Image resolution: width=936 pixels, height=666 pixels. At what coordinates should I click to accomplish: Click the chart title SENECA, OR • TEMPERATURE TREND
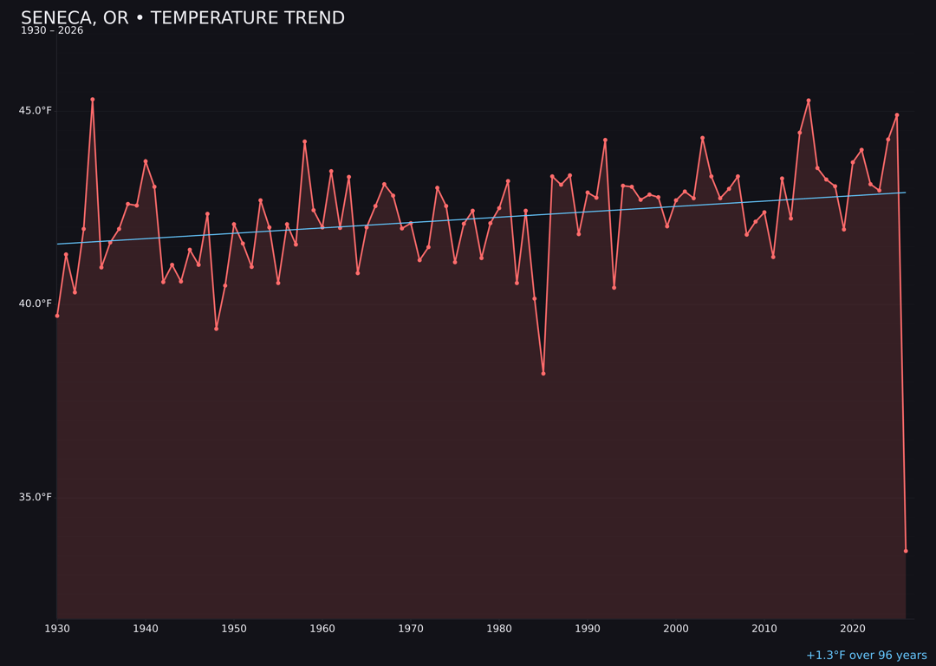(182, 18)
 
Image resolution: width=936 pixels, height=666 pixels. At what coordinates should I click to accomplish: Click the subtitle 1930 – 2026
(52, 30)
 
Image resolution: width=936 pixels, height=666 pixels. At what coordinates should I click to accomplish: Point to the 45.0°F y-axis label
(36, 110)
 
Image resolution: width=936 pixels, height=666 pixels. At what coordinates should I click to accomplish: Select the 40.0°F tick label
(36, 304)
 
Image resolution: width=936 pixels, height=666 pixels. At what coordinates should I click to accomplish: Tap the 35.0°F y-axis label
(36, 497)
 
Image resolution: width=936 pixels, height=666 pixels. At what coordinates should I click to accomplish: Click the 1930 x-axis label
(57, 629)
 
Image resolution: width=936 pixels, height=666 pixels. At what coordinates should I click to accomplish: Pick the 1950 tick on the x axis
(234, 629)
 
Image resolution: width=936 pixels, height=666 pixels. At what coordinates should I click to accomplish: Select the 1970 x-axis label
(411, 629)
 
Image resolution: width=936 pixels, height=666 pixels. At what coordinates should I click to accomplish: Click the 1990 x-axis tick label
(588, 629)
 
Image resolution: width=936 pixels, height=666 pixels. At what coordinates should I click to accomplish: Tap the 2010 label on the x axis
(764, 629)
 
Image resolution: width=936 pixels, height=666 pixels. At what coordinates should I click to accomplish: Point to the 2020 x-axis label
(853, 629)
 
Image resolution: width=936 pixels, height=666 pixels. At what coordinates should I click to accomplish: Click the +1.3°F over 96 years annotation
(866, 656)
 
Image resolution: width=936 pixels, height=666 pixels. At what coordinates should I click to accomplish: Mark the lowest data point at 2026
(906, 551)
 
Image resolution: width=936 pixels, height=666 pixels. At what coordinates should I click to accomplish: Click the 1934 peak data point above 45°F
(93, 100)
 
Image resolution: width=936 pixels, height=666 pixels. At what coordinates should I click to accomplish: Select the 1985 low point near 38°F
(543, 374)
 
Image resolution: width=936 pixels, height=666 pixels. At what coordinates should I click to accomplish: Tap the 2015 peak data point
(809, 101)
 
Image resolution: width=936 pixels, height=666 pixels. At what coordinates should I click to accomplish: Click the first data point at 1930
(57, 316)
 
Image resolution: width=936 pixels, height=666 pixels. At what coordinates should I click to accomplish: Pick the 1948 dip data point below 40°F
(217, 329)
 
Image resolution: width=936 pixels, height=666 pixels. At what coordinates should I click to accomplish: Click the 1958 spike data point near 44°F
(304, 141)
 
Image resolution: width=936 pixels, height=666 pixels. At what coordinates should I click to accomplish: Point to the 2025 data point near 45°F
(897, 115)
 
